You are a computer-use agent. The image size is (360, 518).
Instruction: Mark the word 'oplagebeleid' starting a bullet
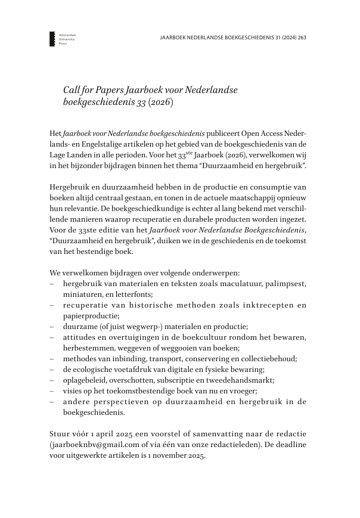coord(85,380)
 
